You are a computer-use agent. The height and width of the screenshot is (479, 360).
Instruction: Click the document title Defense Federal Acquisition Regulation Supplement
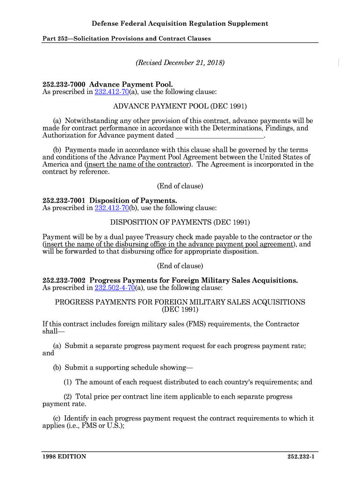coord(180,23)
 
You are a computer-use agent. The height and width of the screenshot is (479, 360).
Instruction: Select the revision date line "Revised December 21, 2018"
coord(180,62)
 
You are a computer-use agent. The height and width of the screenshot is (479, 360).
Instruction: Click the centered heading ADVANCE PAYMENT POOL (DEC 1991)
coord(180,106)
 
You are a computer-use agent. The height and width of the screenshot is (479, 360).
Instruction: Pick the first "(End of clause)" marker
coord(180,186)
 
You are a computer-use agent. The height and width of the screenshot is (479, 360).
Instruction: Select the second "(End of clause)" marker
coord(180,266)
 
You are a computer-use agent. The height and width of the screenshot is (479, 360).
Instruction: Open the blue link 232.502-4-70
coord(115,288)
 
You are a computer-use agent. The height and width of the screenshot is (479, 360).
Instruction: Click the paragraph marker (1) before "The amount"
coord(68,382)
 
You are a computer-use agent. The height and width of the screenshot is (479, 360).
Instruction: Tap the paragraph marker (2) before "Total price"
coord(68,397)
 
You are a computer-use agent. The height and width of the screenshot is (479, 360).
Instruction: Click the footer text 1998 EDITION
coord(64,457)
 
